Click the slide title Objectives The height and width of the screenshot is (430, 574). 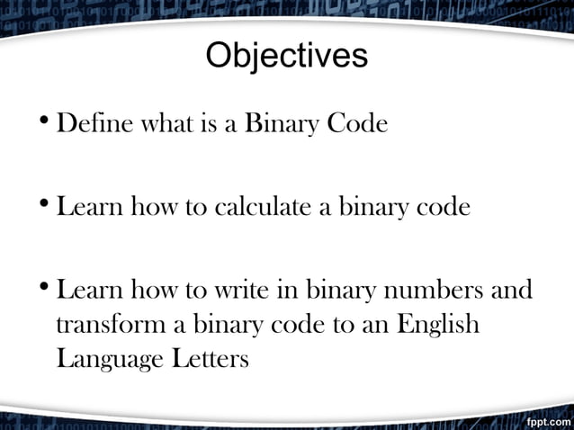click(x=287, y=57)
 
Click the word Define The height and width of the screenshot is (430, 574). click(x=94, y=123)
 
